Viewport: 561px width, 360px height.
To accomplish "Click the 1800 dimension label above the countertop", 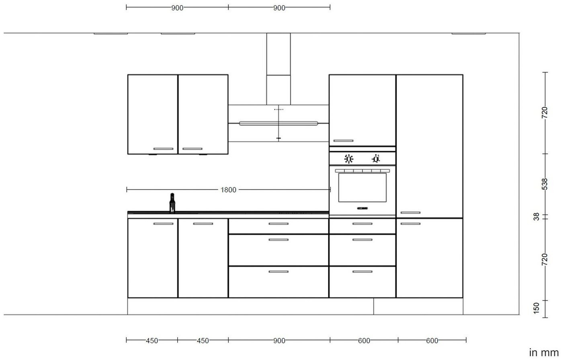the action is coord(228,190).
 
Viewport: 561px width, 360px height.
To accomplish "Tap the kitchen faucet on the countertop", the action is coord(172,203).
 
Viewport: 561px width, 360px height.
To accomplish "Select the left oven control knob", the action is coord(349,159).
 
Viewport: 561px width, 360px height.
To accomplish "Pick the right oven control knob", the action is coord(376,159).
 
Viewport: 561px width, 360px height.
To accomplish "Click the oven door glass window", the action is coord(362,188).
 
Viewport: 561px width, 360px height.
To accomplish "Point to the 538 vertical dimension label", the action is coord(545,184).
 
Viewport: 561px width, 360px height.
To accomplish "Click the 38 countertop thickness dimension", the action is coord(536,217).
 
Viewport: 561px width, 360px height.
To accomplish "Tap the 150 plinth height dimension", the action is coord(536,308).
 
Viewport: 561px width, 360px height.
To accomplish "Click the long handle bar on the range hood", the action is coord(278,123).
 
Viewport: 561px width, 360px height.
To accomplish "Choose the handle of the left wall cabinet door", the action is coord(163,149).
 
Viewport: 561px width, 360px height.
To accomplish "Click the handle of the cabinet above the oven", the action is coord(343,141).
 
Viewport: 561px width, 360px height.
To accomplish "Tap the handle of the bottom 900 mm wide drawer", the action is coord(278,272).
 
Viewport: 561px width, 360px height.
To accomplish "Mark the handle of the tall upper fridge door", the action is coord(410,213).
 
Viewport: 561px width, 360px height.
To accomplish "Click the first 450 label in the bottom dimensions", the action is coord(152,341).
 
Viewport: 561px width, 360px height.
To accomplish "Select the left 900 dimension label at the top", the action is coord(177,8).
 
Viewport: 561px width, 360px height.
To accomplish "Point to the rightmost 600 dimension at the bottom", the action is coord(432,341).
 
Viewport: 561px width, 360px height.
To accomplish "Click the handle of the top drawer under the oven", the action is coord(362,224).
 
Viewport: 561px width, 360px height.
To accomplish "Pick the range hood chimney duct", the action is coord(278,69).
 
